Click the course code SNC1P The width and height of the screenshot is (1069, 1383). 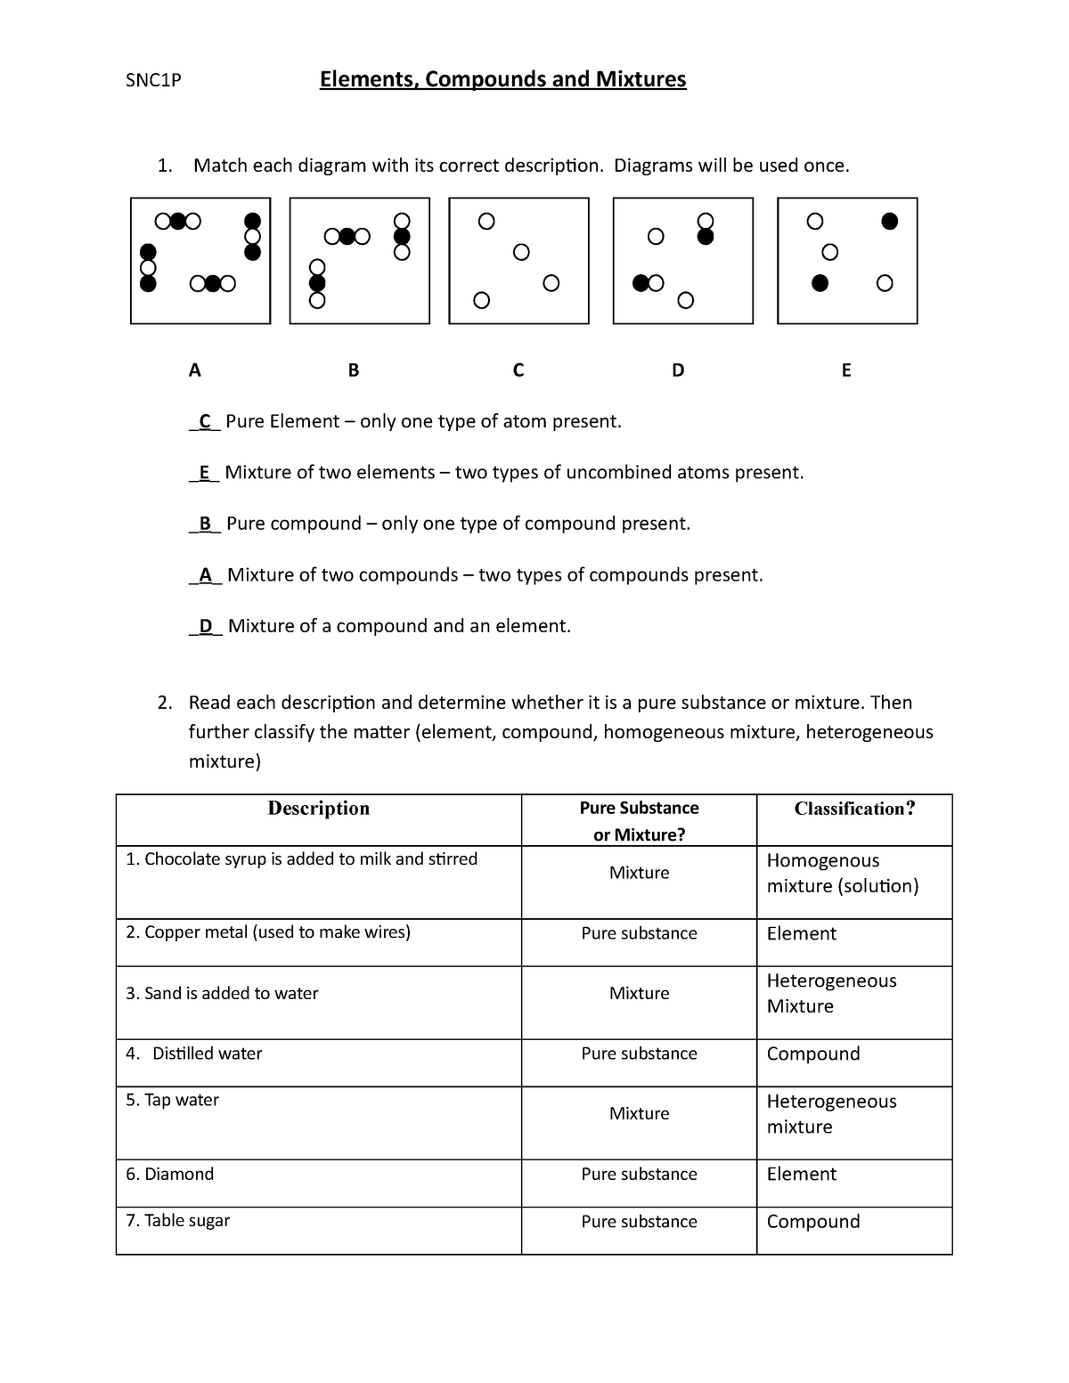tap(153, 81)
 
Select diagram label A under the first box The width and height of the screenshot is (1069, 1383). tap(195, 370)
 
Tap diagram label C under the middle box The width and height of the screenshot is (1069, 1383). tap(518, 370)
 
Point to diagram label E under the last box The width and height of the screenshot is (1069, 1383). tap(846, 370)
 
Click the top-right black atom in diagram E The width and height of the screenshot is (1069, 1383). tap(889, 221)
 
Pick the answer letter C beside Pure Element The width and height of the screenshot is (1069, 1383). tap(205, 421)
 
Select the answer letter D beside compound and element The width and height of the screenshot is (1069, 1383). tap(206, 626)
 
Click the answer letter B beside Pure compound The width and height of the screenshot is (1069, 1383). tap(205, 524)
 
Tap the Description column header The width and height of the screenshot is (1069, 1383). tap(318, 809)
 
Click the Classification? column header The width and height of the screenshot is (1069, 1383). tap(854, 809)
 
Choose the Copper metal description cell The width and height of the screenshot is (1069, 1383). tap(268, 932)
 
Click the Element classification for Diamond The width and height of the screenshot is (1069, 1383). tap(801, 1175)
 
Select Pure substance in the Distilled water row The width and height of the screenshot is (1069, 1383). tap(639, 1054)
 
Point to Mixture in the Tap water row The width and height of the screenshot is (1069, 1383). tap(639, 1114)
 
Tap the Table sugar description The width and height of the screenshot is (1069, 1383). tap(177, 1221)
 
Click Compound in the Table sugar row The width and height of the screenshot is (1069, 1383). tap(812, 1222)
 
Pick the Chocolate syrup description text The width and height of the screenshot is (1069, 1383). tap(301, 859)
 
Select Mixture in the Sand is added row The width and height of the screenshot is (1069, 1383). tap(639, 994)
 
